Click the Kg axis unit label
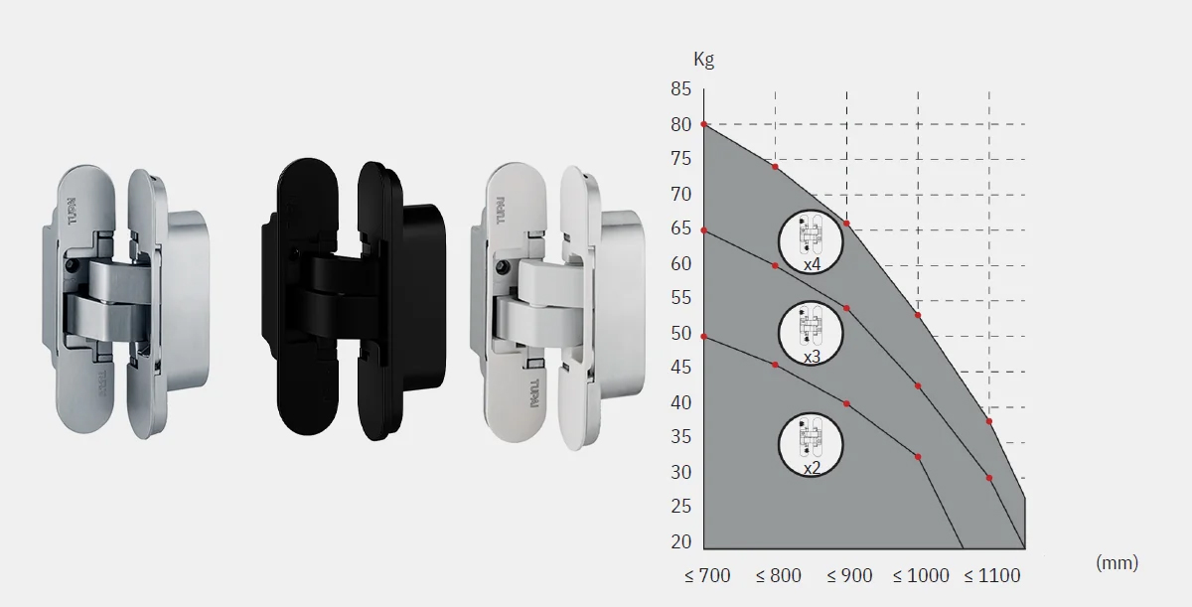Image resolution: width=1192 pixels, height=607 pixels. [703, 60]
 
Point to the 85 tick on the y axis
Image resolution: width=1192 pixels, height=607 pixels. [681, 88]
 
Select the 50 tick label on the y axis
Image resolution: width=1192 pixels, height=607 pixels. [681, 334]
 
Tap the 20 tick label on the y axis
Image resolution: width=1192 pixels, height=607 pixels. [681, 541]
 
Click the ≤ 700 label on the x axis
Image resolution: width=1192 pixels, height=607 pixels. [707, 575]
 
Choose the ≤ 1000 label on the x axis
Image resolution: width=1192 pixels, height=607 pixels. [921, 575]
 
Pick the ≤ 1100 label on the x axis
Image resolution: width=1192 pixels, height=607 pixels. [992, 575]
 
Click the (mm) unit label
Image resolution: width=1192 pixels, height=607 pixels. [1117, 563]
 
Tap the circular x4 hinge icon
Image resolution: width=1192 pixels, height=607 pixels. [811, 242]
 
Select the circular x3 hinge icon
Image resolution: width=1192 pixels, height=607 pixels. [811, 334]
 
